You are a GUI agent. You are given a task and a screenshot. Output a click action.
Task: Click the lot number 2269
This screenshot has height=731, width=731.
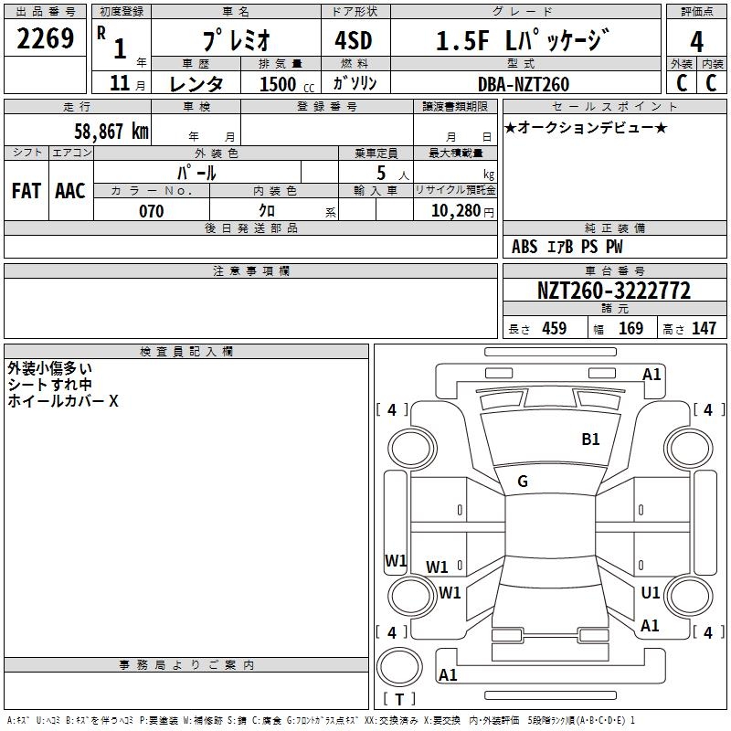coord(46,39)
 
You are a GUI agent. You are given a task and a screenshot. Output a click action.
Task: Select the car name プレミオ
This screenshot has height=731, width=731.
coord(236,41)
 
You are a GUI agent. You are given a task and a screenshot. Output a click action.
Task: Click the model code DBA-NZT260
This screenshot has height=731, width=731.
coord(524,84)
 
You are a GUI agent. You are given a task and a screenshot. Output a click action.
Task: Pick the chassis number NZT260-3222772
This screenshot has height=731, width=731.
coord(613,291)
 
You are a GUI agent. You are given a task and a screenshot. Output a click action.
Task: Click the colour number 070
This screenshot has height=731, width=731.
coord(151,211)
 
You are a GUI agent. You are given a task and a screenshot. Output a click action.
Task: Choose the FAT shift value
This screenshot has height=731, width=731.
coord(26,191)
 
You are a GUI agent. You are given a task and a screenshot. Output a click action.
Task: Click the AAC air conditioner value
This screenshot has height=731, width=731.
coord(70,191)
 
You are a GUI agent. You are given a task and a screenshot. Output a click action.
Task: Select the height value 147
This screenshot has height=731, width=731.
coord(703,329)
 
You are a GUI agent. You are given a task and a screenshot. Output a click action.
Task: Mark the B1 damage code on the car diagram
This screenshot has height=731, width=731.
coord(591,440)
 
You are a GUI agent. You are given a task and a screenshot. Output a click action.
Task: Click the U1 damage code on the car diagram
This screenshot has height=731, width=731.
coord(651,593)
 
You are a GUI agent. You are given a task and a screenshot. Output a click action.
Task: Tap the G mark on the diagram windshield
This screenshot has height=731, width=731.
coord(523,482)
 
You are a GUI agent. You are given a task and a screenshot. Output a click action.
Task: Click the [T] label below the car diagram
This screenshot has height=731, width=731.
coord(398,699)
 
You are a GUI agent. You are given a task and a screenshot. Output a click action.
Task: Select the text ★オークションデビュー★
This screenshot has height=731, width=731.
coord(586,127)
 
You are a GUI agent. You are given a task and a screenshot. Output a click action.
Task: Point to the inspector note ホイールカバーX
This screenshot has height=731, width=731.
coord(63,400)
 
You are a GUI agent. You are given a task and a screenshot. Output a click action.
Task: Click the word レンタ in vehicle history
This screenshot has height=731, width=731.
coord(196,84)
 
